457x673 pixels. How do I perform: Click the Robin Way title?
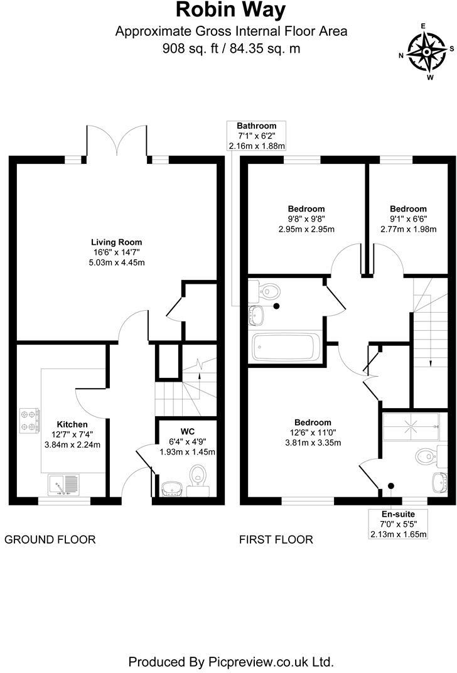point(230,11)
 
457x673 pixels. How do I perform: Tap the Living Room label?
point(117,242)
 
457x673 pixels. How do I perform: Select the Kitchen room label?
point(73,424)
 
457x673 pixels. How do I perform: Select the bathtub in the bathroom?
point(285,347)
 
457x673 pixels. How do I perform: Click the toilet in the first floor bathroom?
point(270,291)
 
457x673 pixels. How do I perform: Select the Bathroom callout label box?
point(257,136)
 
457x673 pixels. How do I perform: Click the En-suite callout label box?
point(399,524)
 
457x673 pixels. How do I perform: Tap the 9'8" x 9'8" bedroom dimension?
point(306,219)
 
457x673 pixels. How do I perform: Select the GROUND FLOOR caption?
point(50,539)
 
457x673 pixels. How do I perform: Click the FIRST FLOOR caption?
point(276,539)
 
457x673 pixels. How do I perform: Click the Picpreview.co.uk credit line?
point(230,661)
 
